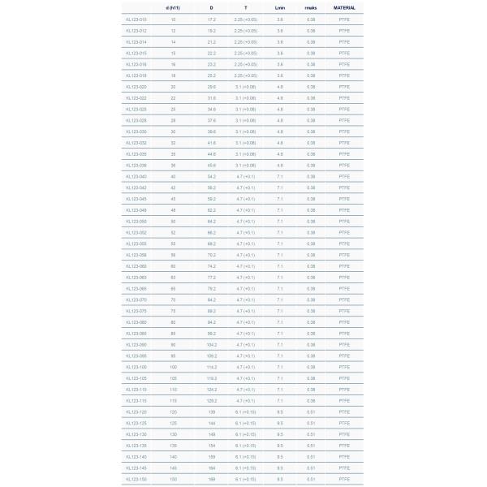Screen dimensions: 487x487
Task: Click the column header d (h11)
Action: pos(173,6)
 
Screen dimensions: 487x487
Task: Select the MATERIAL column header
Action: pos(344,6)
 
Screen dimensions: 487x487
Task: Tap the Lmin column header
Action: pos(280,6)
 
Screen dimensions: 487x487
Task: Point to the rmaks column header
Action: pos(311,6)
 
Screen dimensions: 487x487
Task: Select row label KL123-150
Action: pos(136,479)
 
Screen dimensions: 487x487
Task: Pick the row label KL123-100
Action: pos(136,366)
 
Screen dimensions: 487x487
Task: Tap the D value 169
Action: pos(211,479)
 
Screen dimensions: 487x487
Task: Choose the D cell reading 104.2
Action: pos(211,343)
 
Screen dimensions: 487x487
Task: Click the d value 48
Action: pos(173,209)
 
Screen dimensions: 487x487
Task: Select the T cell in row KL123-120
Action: pos(245,412)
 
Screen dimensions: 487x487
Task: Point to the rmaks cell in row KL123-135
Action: pos(311,445)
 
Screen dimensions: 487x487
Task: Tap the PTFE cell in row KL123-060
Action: pos(344,265)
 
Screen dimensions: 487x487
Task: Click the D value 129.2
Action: pos(211,400)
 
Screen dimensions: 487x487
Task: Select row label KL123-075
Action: pos(136,310)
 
